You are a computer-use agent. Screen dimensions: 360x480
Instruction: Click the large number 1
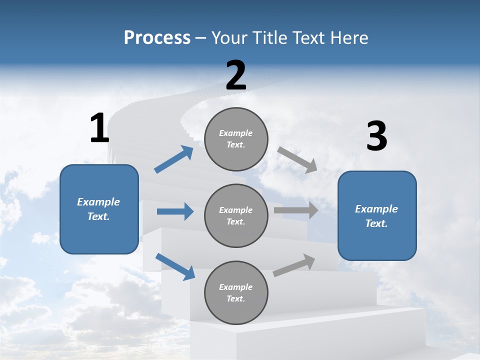(x=99, y=128)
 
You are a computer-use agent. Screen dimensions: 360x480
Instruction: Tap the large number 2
(x=236, y=75)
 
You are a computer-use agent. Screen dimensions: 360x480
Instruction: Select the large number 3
(x=376, y=136)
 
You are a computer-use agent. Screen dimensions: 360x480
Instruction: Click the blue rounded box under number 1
(x=99, y=209)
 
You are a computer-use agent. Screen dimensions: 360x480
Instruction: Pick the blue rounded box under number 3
(x=377, y=215)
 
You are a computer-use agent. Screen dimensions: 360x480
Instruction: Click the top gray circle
(x=236, y=139)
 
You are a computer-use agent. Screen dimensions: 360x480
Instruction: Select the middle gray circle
(x=236, y=215)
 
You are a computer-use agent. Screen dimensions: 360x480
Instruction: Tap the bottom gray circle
(x=236, y=292)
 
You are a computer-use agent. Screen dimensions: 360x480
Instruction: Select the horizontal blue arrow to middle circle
(x=175, y=211)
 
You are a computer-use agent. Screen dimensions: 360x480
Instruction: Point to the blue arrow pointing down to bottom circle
(x=175, y=266)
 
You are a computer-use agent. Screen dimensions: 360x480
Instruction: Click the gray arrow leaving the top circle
(x=297, y=159)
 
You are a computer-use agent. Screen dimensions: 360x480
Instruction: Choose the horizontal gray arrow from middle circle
(x=296, y=210)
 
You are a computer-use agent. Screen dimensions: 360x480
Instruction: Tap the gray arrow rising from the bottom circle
(x=294, y=265)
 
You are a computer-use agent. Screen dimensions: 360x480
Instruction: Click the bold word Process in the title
(x=157, y=37)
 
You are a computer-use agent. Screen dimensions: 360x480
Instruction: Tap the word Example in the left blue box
(x=98, y=202)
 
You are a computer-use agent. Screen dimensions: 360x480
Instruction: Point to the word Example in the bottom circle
(x=235, y=287)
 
